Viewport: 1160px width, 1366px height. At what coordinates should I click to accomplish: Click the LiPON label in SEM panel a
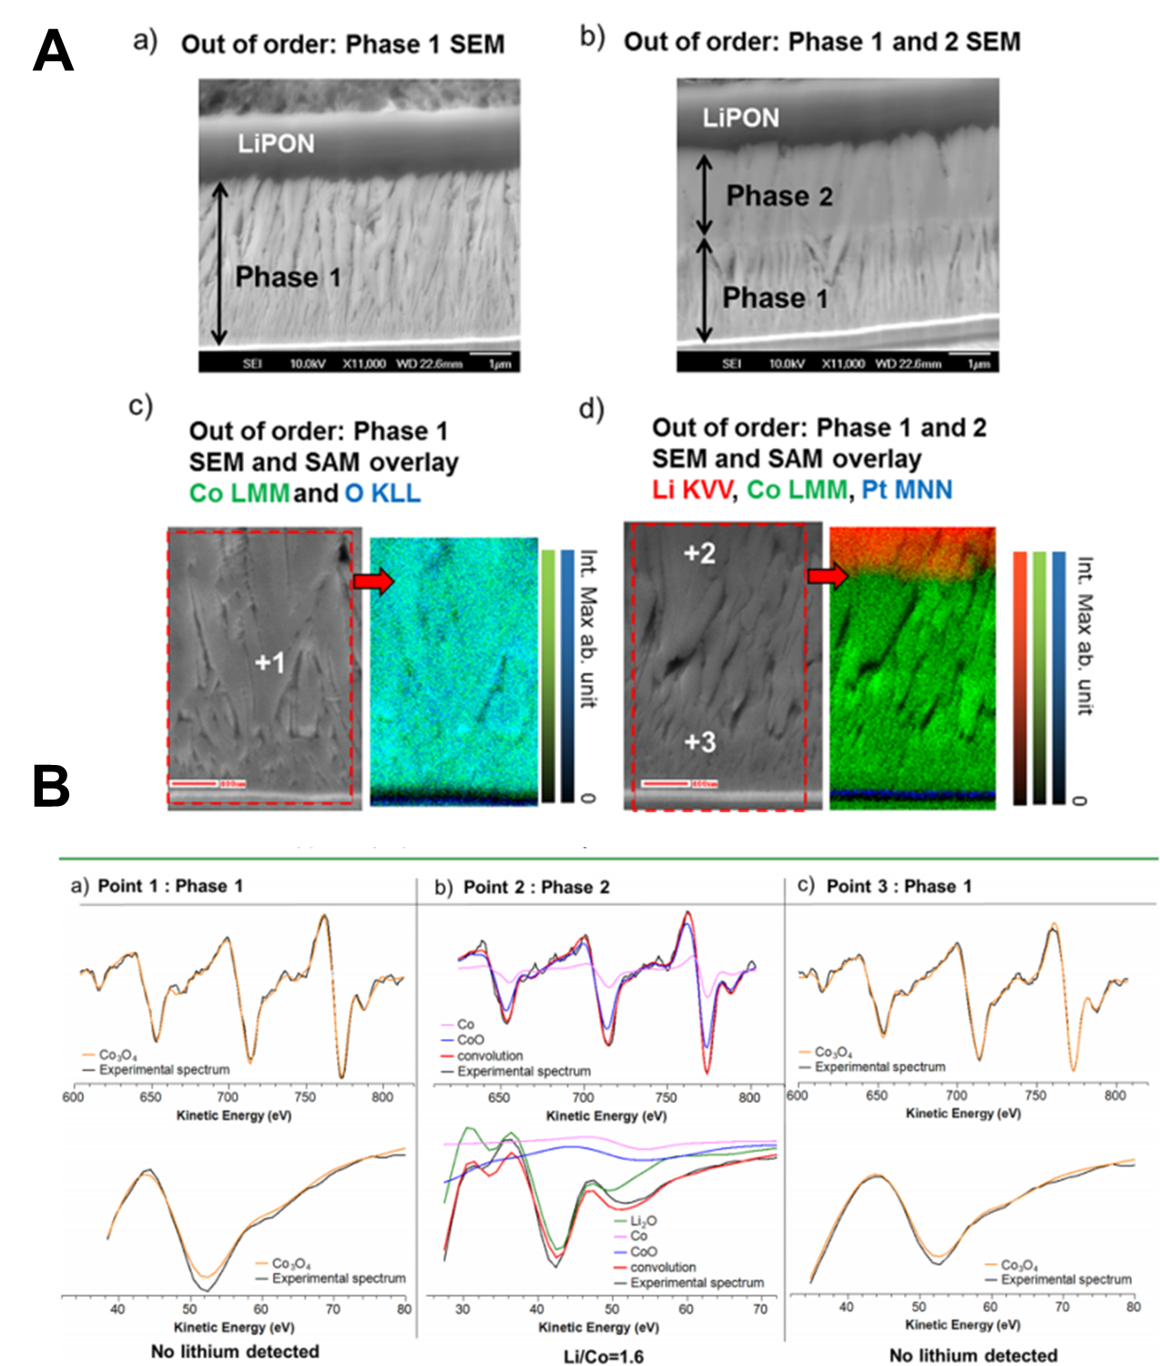276,143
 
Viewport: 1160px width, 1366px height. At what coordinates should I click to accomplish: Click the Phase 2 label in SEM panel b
778,196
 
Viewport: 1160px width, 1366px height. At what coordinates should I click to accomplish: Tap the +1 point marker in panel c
270,662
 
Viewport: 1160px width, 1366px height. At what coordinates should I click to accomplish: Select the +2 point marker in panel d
699,553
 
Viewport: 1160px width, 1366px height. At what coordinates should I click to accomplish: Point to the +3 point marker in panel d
699,742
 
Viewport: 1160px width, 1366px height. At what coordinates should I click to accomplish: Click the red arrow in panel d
828,576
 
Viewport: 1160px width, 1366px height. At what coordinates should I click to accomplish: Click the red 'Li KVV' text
692,490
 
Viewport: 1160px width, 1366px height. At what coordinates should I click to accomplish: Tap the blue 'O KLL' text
382,494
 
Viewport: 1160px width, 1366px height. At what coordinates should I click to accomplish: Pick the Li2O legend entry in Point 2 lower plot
643,1220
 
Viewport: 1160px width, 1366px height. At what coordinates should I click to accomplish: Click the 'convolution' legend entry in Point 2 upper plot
490,1055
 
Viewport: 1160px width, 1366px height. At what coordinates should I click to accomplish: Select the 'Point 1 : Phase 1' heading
170,886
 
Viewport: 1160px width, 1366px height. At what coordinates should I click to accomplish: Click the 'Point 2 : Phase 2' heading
536,887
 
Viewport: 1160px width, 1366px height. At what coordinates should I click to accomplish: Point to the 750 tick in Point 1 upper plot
305,1096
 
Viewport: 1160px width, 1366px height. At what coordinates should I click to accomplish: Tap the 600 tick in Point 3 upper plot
797,1096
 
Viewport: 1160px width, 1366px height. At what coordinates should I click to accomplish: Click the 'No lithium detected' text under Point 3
972,1355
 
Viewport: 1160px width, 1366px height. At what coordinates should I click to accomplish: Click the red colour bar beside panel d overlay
1021,678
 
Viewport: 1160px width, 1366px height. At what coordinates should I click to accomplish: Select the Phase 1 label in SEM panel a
288,277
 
